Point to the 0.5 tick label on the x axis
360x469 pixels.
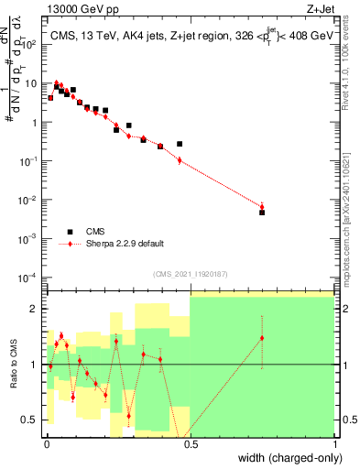point(191,442)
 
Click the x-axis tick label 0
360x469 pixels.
point(47,442)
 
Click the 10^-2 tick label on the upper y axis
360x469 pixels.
point(28,200)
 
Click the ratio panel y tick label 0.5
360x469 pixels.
point(33,420)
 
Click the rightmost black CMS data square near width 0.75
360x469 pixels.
point(262,213)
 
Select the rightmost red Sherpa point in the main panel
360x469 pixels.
point(262,206)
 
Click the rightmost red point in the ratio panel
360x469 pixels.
point(262,338)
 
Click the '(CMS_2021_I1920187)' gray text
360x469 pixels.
point(191,273)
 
